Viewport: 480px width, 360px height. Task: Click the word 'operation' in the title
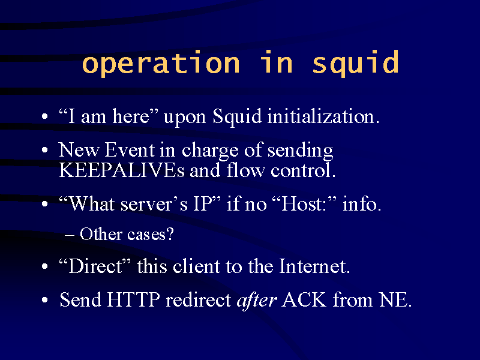161,63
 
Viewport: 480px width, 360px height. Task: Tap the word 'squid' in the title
355,63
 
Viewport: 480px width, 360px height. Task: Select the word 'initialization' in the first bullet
323,116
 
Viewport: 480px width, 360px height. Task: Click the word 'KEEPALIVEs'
122,170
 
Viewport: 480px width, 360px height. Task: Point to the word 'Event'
130,150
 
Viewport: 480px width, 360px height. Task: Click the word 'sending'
301,151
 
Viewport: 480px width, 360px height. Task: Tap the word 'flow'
245,170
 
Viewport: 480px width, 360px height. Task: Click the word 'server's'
154,205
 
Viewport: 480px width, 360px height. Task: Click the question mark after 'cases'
170,233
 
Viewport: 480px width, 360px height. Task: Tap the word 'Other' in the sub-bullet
101,234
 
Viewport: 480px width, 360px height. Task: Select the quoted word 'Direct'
95,266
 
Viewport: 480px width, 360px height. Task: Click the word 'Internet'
314,266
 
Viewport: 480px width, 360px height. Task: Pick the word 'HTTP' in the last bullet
133,299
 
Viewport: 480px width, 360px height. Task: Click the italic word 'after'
257,301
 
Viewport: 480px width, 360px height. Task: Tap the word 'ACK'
304,299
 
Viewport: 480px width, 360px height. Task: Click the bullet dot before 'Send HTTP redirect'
44,300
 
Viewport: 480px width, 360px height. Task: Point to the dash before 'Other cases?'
70,235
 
